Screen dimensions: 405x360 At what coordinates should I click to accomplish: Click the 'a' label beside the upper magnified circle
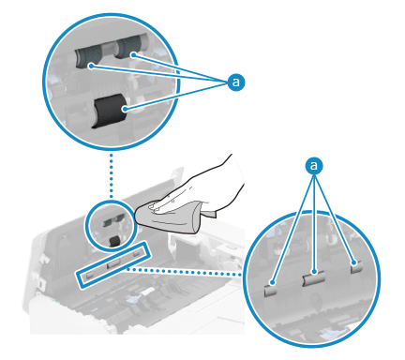236,82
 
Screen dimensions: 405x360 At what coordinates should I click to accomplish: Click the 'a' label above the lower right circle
314,166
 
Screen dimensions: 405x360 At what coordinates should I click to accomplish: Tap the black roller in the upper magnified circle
109,111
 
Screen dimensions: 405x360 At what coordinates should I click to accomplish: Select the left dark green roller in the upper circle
88,57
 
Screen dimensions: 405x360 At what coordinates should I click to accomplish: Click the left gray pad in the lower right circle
271,290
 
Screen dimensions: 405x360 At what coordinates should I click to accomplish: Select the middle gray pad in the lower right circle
314,277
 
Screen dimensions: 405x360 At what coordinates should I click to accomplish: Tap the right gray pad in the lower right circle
356,266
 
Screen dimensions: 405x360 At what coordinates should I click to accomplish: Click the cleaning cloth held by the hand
172,217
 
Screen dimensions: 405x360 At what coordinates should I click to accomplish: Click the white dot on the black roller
125,109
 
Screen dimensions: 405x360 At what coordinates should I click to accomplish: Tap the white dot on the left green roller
91,66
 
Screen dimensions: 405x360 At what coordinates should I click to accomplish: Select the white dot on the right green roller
133,55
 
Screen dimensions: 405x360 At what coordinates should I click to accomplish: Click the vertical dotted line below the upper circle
112,175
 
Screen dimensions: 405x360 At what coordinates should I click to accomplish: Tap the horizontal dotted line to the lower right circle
185,271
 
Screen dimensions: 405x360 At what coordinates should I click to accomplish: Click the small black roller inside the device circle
114,241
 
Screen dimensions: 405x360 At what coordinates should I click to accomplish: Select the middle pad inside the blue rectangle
113,264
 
